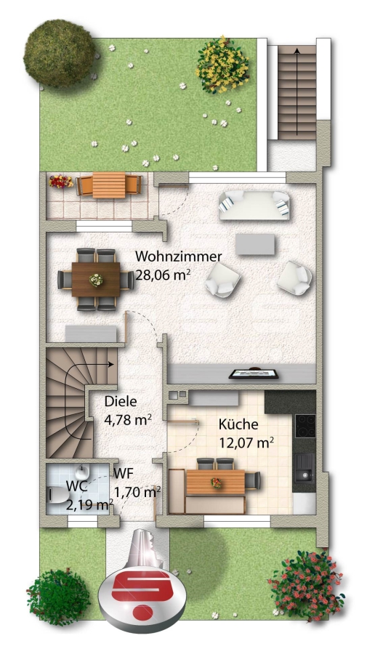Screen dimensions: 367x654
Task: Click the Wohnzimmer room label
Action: tap(179, 256)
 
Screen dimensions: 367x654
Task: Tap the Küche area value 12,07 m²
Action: tap(246, 443)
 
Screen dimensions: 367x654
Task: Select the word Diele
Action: tap(121, 402)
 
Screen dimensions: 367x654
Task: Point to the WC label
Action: tap(77, 486)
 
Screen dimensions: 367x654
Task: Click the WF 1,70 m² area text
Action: tap(137, 483)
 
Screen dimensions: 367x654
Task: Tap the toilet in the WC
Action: tap(58, 495)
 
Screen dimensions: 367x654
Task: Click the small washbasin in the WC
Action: tap(82, 472)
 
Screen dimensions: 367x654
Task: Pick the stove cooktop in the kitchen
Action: tap(305, 425)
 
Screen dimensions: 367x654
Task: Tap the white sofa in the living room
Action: tap(254, 205)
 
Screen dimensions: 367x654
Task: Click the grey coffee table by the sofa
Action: tap(255, 244)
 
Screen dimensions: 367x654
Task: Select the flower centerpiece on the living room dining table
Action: tap(96, 280)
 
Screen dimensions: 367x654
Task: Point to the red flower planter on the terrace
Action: tap(61, 182)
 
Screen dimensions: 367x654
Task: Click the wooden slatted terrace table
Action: tap(109, 185)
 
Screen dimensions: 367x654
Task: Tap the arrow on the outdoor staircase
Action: tap(297, 92)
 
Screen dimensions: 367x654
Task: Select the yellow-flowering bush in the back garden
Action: tap(222, 65)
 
